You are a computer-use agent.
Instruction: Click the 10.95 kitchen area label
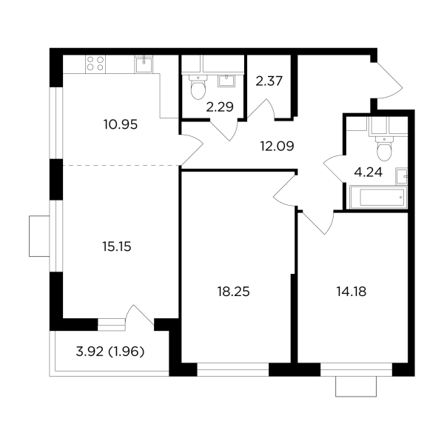(121, 124)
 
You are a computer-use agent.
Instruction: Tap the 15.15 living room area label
(117, 246)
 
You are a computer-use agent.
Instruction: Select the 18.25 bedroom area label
(234, 292)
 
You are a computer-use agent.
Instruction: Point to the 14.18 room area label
(351, 292)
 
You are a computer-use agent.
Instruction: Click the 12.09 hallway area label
(277, 146)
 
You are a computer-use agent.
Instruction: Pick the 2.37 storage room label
(269, 81)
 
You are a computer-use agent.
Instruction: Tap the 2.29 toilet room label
(220, 107)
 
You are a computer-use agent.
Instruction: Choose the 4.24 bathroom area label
(369, 172)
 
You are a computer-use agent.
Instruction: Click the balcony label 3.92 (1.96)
(110, 351)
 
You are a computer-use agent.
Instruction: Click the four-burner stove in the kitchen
(95, 64)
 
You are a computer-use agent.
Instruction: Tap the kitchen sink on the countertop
(144, 64)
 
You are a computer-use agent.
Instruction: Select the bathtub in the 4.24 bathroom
(379, 197)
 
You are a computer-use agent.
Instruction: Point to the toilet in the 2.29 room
(198, 87)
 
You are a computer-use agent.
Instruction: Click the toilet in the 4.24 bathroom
(384, 148)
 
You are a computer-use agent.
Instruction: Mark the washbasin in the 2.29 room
(226, 81)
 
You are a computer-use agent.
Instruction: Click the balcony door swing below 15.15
(140, 315)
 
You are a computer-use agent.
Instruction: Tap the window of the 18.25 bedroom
(233, 369)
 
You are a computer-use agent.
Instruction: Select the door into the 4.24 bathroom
(334, 168)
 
